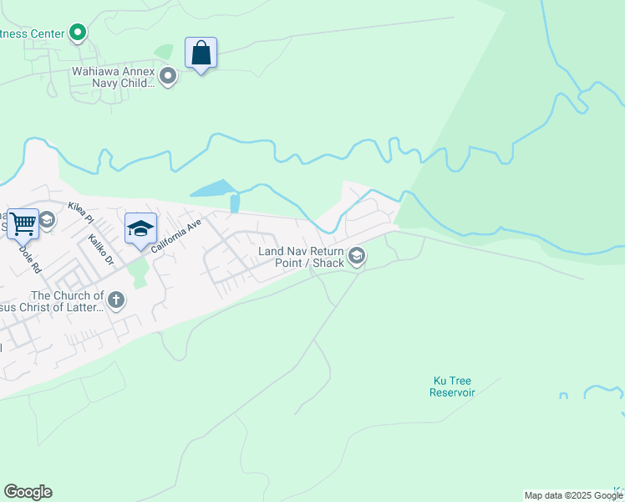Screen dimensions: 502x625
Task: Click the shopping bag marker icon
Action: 201,53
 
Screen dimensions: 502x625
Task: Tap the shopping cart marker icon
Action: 23,223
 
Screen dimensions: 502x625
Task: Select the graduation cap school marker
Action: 140,228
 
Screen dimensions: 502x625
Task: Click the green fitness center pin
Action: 79,33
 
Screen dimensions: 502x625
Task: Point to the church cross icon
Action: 116,300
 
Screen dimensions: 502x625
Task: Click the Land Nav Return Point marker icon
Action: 357,256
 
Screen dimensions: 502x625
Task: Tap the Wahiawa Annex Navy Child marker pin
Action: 168,78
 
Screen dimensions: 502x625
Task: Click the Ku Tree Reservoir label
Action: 454,386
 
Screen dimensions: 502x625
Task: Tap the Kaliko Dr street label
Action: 101,249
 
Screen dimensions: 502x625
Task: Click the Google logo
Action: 28,492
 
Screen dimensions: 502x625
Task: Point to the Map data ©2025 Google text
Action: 574,495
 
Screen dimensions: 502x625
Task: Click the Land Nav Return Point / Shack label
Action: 301,257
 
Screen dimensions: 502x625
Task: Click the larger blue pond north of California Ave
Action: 211,189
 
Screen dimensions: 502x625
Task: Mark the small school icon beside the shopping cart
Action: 47,220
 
